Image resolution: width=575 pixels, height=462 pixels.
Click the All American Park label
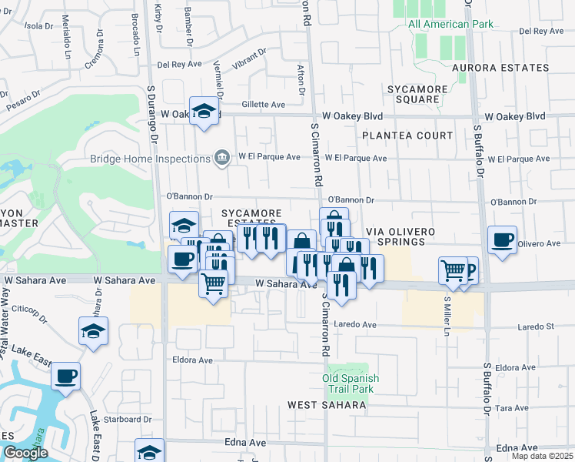(x=450, y=24)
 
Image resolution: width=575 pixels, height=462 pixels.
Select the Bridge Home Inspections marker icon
(x=222, y=158)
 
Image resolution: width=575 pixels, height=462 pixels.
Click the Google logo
(x=25, y=453)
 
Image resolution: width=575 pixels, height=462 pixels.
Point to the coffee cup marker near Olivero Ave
(x=502, y=240)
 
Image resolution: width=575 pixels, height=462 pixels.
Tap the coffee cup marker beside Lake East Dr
(x=65, y=377)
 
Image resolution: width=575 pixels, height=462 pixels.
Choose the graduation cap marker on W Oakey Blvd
(x=204, y=111)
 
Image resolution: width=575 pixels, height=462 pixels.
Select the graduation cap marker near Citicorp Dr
(x=94, y=330)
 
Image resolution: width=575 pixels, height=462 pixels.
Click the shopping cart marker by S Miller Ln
(x=453, y=270)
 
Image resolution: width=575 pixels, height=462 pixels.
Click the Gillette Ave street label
(x=263, y=105)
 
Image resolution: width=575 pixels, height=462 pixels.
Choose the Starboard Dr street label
(x=127, y=420)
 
